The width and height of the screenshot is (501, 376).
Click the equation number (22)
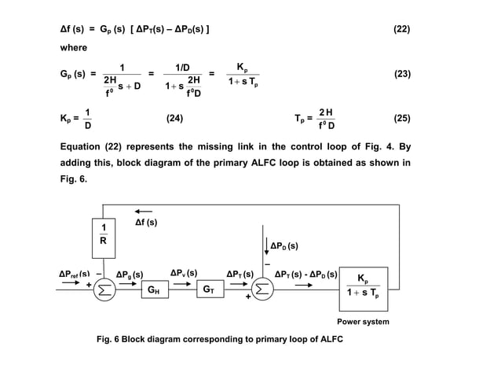[x=401, y=31]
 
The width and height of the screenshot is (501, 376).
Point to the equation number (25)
[x=401, y=118]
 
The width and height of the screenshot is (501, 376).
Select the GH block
[x=155, y=289]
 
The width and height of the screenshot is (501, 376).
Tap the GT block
[x=208, y=289]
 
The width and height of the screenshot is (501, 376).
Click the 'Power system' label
[x=363, y=322]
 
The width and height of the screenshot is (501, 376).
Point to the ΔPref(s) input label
[x=75, y=274]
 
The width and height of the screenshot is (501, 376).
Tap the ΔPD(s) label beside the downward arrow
[x=284, y=246]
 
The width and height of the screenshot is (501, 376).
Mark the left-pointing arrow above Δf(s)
[x=144, y=211]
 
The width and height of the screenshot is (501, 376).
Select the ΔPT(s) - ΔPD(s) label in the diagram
[x=306, y=274]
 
